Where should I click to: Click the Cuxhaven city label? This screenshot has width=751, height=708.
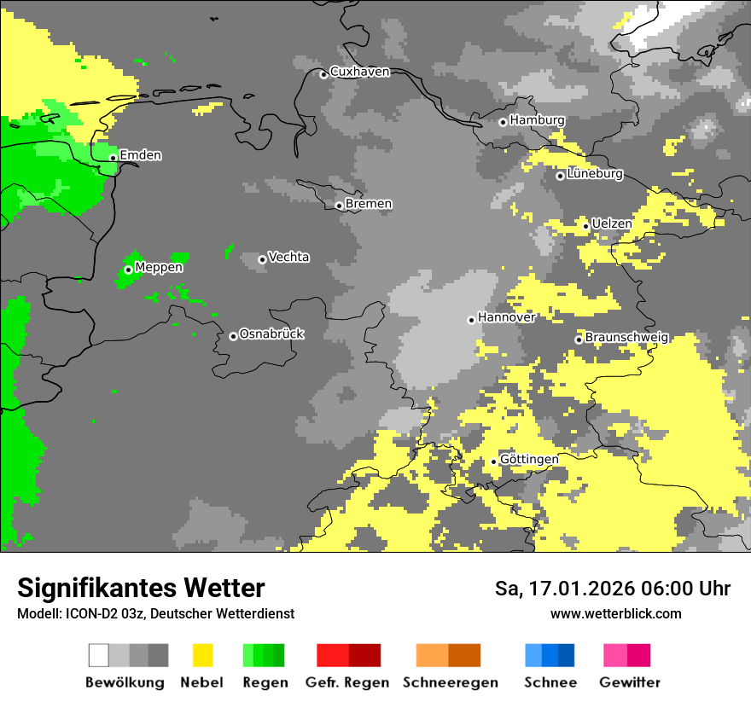coord(359,73)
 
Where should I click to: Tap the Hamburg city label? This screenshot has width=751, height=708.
coord(537,120)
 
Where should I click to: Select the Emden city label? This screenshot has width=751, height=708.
coord(140,155)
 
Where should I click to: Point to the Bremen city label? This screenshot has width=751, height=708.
coord(369,204)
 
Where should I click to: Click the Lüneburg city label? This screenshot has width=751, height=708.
coord(595,174)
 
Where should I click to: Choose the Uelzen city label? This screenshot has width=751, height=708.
coord(612,224)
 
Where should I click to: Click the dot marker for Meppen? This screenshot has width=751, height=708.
coord(128,270)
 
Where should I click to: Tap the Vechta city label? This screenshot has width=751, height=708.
coord(288,258)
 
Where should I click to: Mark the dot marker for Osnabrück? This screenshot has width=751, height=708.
coord(233,336)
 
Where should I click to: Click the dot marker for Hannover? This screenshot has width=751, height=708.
coord(471,320)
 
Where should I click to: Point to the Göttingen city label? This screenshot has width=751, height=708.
coord(529,460)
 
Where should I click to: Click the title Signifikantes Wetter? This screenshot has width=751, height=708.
coord(141,589)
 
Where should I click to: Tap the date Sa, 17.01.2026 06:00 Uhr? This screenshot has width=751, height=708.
coord(613,589)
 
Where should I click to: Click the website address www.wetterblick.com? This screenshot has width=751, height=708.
coord(615,613)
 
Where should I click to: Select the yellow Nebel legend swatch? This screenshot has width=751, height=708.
coord(202,655)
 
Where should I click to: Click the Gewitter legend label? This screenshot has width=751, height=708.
coord(629,682)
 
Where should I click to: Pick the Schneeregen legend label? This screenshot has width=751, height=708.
coord(450,682)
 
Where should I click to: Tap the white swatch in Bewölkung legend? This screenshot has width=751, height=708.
coord(99,655)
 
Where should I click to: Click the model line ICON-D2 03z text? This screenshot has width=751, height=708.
coord(155,613)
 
